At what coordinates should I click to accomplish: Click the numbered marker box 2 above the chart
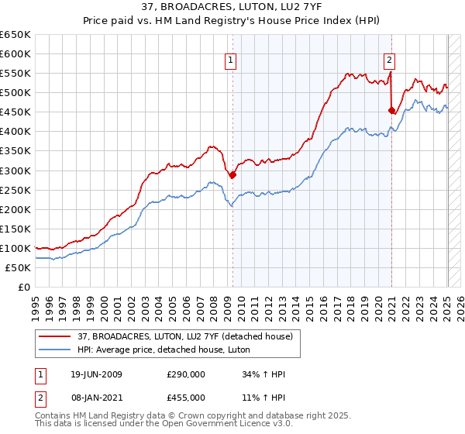click(x=389, y=57)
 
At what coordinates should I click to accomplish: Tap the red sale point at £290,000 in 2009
click(x=232, y=174)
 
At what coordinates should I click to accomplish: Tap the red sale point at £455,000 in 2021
click(x=391, y=110)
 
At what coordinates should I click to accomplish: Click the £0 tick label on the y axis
click(x=24, y=287)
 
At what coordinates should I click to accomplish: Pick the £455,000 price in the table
click(x=186, y=397)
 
